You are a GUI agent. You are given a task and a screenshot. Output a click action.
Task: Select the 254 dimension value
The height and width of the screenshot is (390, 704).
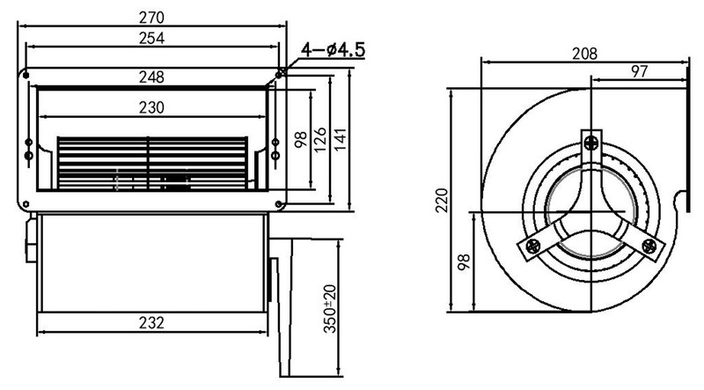pos(153,38)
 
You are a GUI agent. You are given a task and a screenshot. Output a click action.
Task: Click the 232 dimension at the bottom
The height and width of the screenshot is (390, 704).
pos(151,322)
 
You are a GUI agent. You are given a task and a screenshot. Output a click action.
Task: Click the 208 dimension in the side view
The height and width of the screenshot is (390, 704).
pos(583,54)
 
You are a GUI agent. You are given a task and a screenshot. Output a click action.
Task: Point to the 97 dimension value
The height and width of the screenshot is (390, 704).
pos(640,70)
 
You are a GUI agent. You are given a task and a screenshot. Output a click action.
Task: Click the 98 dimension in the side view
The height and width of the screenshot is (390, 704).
pos(464,261)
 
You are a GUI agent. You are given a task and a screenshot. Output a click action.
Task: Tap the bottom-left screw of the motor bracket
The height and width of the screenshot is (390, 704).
pos(533,247)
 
